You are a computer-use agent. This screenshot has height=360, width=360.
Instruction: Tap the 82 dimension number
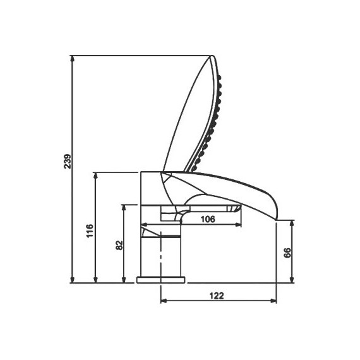pos(119,246)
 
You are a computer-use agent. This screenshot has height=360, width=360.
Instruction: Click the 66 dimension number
pos(287,253)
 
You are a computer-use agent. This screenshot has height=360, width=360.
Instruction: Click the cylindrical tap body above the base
pos(163,256)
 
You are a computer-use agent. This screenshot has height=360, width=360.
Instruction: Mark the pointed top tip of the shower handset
pos(212,57)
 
